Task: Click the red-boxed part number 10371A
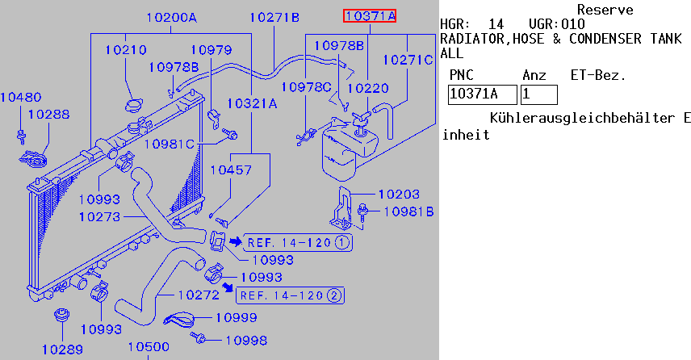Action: [x=370, y=15]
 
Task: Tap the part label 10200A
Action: [x=172, y=17]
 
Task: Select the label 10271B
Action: [x=274, y=17]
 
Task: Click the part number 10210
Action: [x=125, y=50]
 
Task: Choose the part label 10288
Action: [x=48, y=115]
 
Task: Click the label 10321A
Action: [x=252, y=103]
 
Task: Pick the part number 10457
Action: [x=231, y=170]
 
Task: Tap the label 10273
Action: [x=99, y=216]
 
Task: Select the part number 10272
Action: [x=199, y=295]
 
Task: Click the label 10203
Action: [x=399, y=194]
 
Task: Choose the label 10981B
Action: [x=409, y=212]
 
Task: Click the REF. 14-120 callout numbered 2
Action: [x=291, y=295]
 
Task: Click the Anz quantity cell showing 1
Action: [x=538, y=94]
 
